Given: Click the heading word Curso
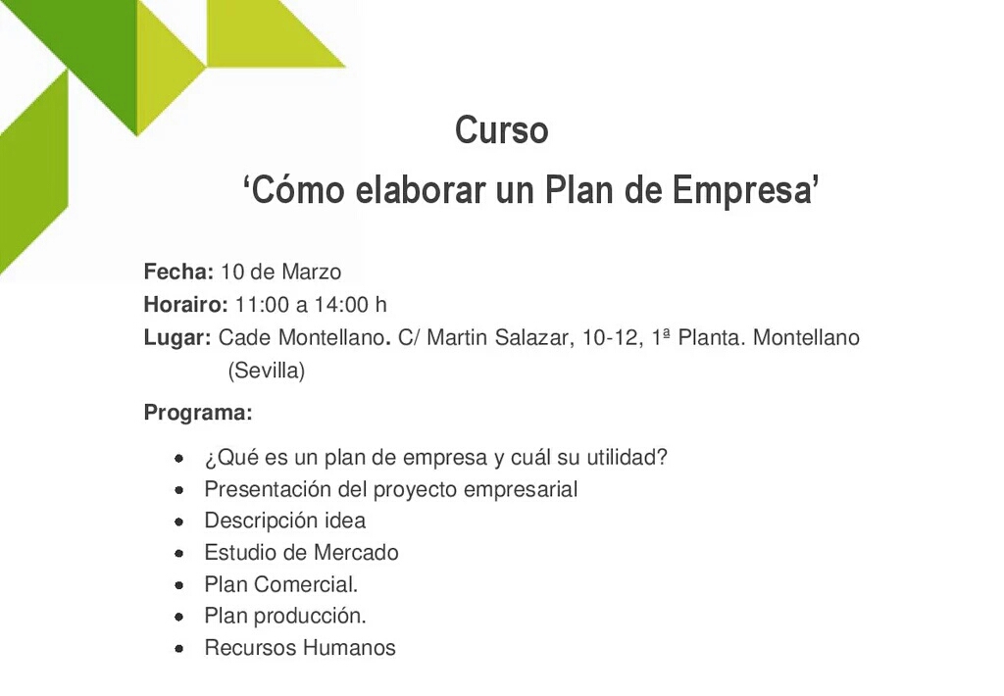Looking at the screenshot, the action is pyautogui.click(x=501, y=130).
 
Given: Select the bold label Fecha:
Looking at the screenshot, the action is pyautogui.click(x=178, y=272).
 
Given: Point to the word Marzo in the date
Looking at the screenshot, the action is pyautogui.click(x=311, y=272).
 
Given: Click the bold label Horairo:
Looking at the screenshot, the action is pyautogui.click(x=185, y=304).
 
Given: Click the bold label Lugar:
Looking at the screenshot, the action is pyautogui.click(x=177, y=338).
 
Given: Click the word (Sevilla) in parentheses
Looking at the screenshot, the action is pyautogui.click(x=267, y=371).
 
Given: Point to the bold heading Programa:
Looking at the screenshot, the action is pyautogui.click(x=198, y=413).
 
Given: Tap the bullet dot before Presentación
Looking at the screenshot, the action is pyautogui.click(x=179, y=490).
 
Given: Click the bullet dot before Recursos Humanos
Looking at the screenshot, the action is pyautogui.click(x=179, y=649).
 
